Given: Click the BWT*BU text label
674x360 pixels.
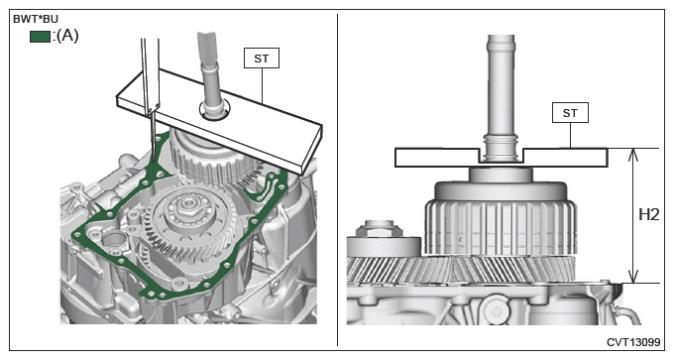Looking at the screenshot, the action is coord(36,19).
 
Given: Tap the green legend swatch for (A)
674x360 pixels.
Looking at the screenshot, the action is coord(40,37).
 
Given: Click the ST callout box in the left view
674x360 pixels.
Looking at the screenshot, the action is coord(262,59).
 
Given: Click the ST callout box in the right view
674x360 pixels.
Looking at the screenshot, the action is coord(570,113).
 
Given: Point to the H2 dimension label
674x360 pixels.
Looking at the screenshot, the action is coord(648,214).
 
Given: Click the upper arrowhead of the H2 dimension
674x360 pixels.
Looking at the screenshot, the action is coord(632,155).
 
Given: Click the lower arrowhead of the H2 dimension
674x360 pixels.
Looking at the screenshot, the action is coord(632,276).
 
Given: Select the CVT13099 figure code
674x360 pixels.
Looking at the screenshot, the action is coord(633,342).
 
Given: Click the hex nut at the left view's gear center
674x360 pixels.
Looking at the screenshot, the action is coord(189,206).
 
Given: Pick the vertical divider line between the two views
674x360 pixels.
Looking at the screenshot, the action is coord(337,180).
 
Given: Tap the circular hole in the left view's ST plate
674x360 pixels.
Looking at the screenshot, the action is coord(214,110).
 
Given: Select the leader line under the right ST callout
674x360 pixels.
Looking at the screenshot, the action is coord(570,136).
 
